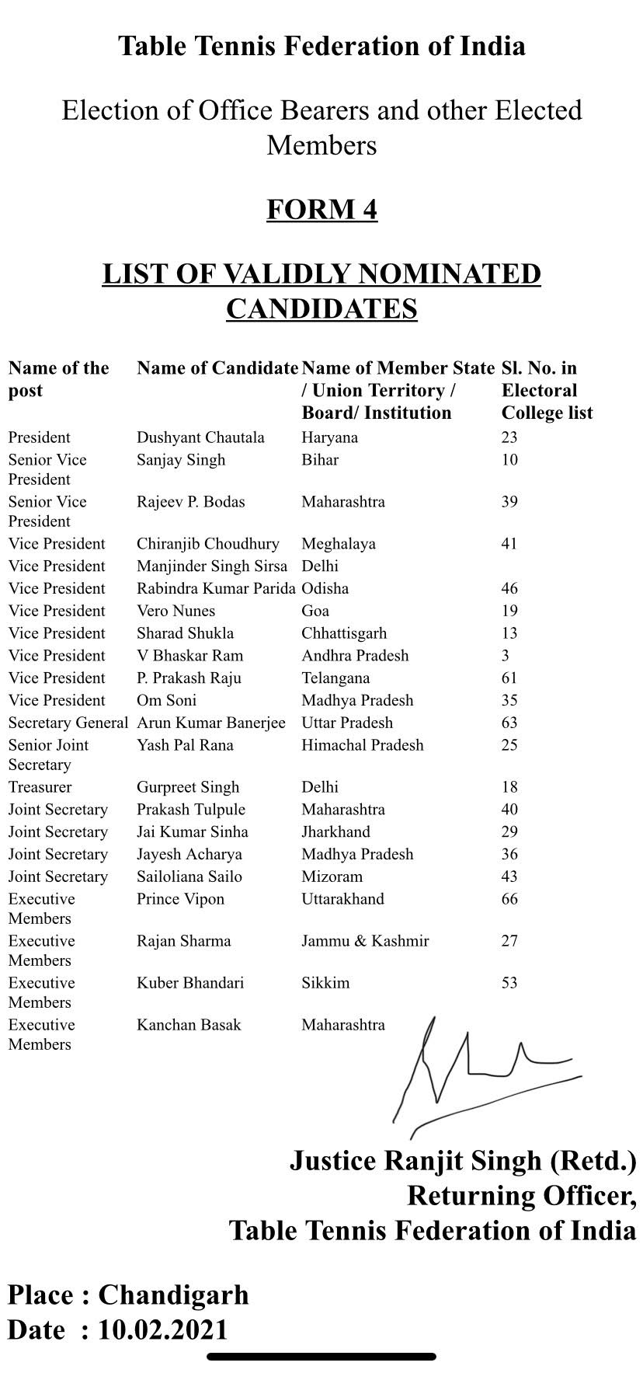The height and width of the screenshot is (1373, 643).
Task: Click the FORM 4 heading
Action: point(321,210)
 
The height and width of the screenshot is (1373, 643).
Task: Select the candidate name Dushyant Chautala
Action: point(200,437)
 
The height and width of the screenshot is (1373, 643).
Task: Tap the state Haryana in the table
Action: point(329,437)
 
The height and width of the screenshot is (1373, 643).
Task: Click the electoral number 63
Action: point(509,723)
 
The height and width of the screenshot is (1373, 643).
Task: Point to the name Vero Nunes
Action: point(176,611)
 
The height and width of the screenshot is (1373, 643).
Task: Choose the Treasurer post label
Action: point(40,787)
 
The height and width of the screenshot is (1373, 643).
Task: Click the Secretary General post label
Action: point(68,723)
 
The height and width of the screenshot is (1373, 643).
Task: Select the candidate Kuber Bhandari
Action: point(190,983)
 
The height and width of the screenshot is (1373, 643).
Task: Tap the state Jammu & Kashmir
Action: point(365,941)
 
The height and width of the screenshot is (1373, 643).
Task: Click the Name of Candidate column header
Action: point(217,368)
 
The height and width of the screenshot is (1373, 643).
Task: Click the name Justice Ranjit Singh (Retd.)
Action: point(463,1161)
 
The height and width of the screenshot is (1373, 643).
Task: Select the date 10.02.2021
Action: point(162,1329)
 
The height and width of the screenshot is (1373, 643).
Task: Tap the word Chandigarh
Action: point(173,1295)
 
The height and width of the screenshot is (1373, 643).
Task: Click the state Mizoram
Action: point(332,876)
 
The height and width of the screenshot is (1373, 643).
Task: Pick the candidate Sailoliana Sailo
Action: point(189,876)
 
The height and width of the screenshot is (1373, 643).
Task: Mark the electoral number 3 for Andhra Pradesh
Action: point(506,656)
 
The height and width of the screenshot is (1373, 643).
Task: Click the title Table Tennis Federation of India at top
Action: point(321,47)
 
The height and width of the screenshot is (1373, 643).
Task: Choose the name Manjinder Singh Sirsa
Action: point(212,566)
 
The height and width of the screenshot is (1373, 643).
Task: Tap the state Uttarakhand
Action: point(342,899)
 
